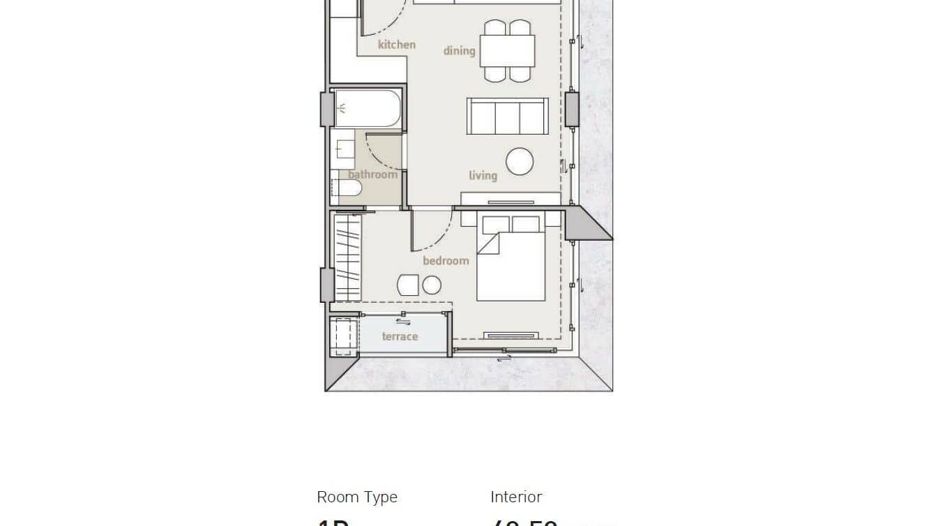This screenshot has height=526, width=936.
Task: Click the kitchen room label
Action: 396,45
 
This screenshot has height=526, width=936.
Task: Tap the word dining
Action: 459,50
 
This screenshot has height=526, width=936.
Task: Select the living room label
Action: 483,175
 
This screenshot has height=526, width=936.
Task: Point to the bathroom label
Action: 372,174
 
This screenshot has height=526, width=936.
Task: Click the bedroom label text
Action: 446,260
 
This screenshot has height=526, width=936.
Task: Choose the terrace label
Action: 400,336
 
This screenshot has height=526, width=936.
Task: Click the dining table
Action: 507,50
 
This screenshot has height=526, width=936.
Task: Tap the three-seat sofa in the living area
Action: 507,116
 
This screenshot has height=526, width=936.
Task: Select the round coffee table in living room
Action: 520,162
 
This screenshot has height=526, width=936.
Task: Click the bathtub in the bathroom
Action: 367,108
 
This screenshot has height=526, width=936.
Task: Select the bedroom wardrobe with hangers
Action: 347,257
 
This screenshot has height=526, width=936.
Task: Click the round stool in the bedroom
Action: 432,285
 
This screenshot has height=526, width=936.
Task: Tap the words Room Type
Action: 357,497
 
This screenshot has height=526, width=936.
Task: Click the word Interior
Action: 516,497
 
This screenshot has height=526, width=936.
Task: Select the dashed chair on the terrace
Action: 342,336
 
